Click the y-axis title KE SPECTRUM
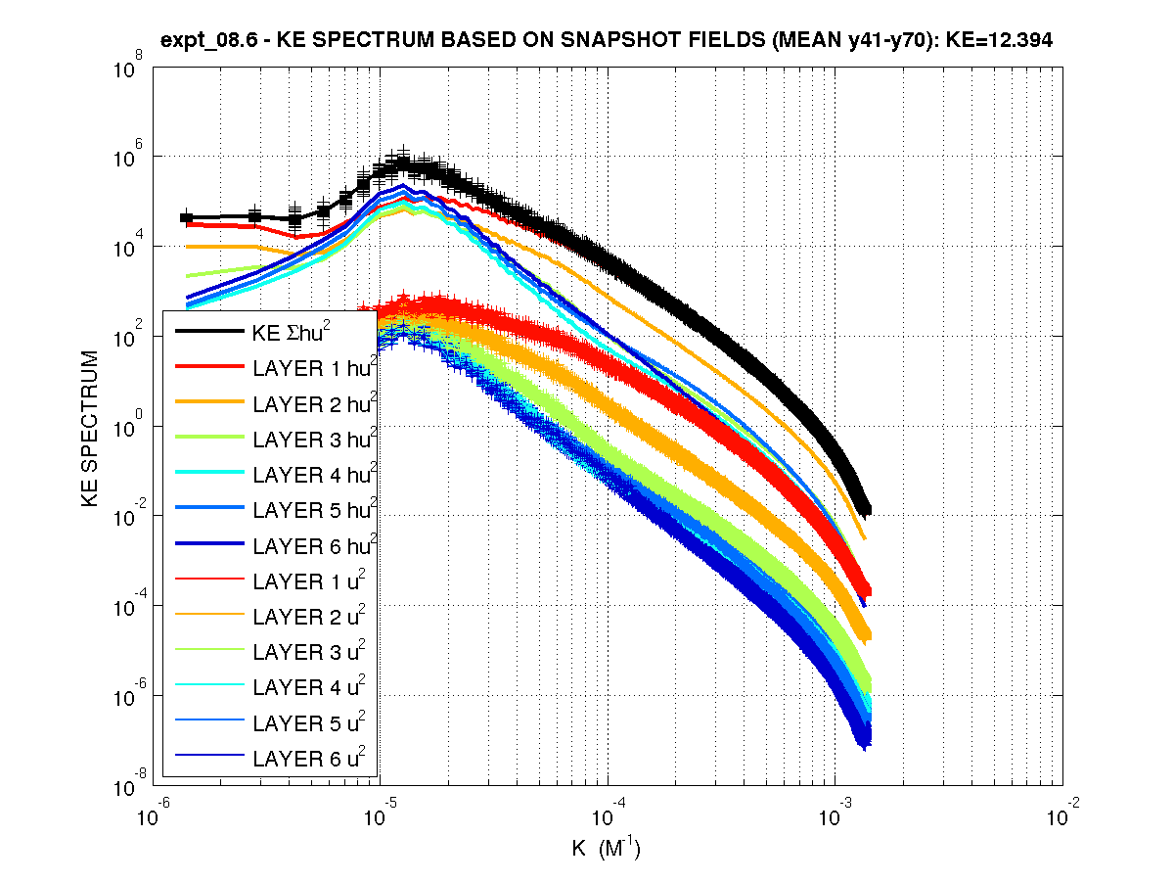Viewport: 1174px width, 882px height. point(90,429)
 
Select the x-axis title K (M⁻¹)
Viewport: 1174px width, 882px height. point(606,848)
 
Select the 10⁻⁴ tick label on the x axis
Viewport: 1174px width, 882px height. point(603,812)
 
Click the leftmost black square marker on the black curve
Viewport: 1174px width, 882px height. point(186,217)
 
